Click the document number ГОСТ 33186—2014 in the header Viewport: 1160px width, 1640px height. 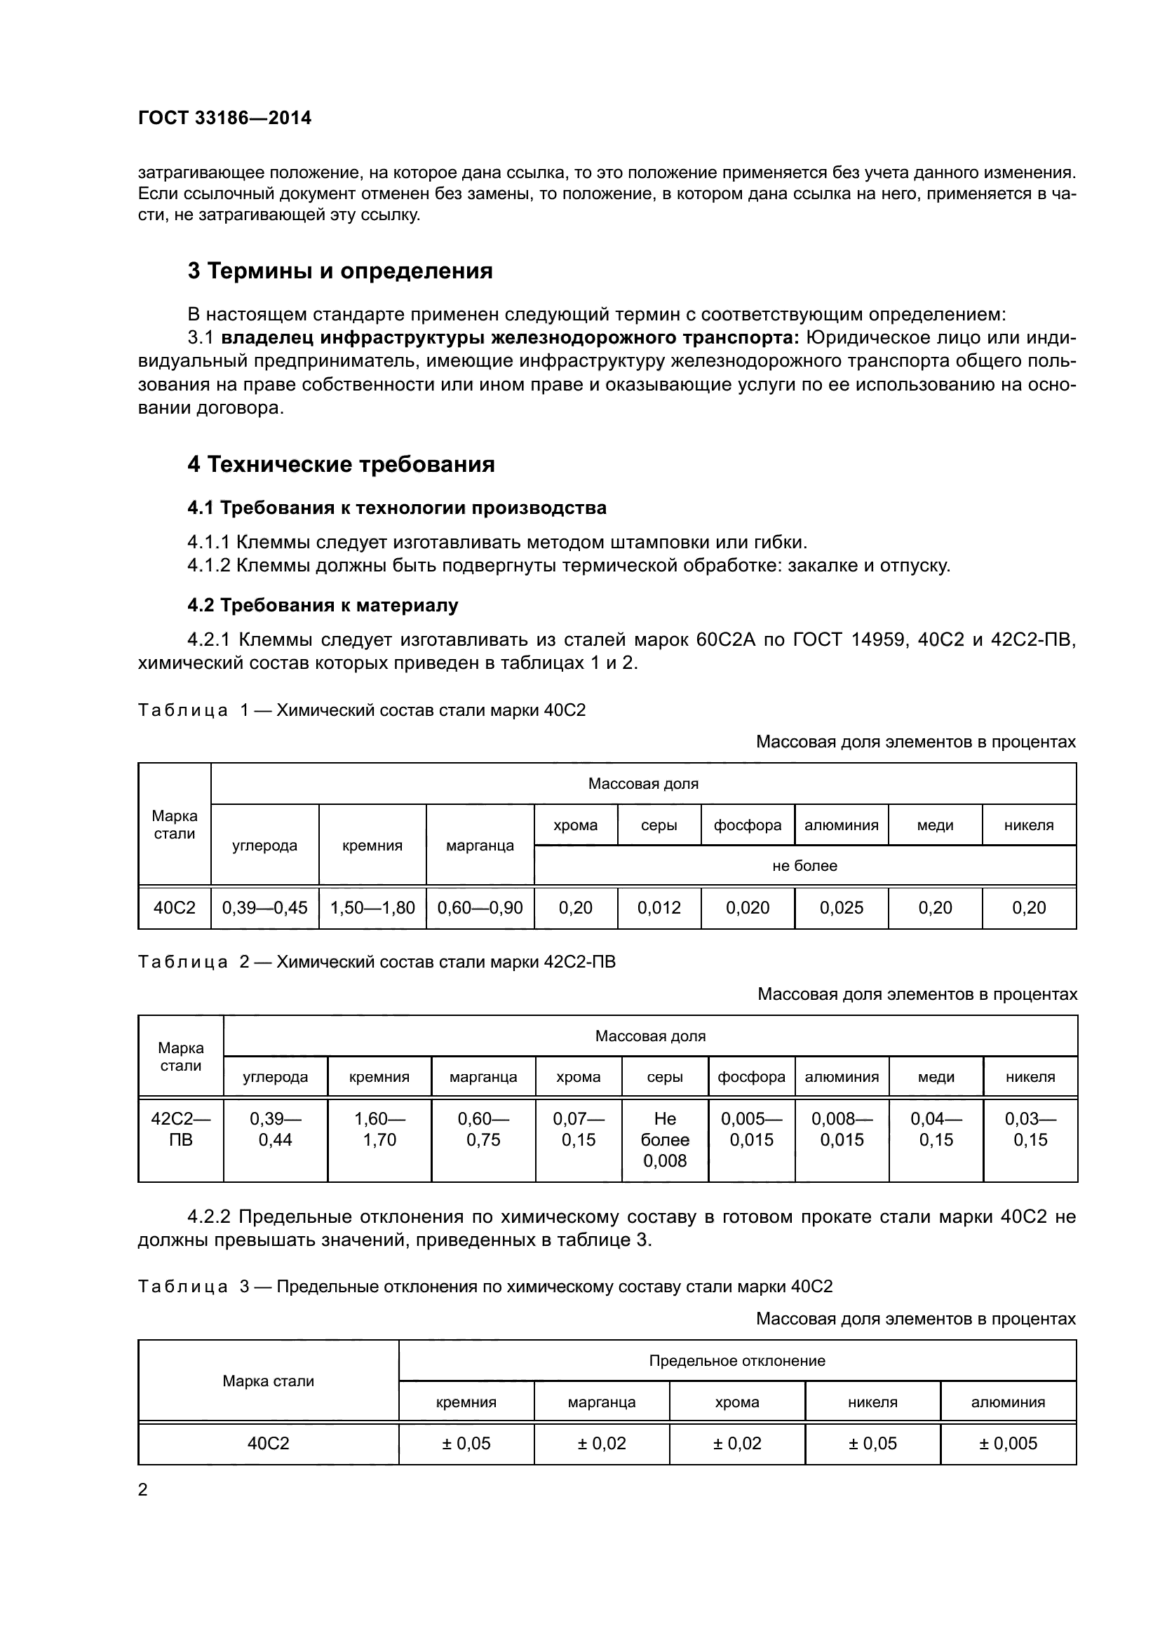coord(224,118)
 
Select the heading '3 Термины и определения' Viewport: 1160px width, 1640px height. coord(340,271)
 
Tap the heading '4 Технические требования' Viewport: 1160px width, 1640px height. coord(341,464)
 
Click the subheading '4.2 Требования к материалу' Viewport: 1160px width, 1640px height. coord(323,605)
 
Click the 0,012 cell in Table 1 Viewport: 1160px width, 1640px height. coord(659,908)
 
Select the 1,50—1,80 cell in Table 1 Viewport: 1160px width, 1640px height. coord(372,908)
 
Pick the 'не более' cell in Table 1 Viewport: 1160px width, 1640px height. coord(804,866)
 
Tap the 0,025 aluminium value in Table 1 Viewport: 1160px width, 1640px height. coord(842,908)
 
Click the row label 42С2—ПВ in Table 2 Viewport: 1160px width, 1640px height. coord(181,1129)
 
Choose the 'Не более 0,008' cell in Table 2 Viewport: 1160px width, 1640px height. coord(664,1139)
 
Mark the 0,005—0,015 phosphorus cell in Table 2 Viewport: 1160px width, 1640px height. coord(751,1129)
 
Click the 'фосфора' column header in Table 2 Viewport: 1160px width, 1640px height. coord(751,1076)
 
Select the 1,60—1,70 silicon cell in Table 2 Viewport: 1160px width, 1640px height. coord(379,1129)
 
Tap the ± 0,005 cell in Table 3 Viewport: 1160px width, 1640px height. coord(1008,1443)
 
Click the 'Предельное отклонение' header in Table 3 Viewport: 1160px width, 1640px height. coord(737,1361)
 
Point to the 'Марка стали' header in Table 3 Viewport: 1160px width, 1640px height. coord(268,1381)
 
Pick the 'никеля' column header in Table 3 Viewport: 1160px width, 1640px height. coord(872,1402)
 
